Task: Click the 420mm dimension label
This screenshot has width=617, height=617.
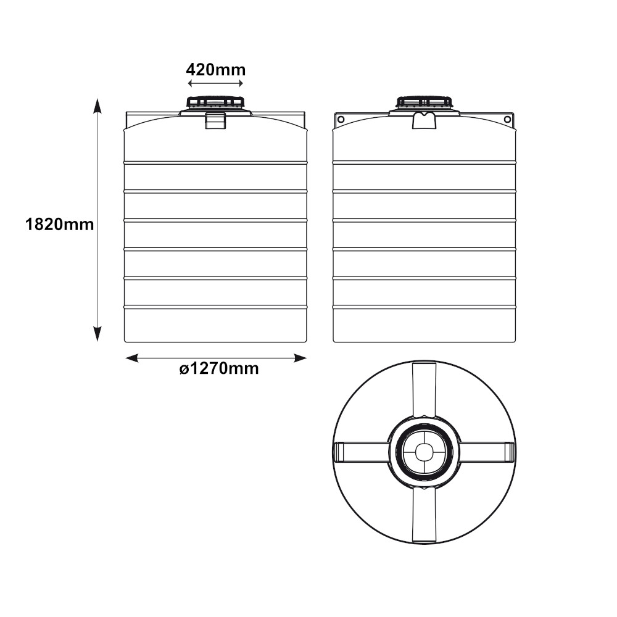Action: [215, 70]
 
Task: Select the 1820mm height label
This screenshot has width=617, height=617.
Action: [59, 225]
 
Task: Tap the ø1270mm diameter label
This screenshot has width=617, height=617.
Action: [219, 369]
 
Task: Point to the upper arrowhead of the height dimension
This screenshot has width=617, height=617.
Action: [97, 106]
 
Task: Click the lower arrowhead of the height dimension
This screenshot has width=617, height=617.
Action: [97, 334]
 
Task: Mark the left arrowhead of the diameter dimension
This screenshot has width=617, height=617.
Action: [132, 358]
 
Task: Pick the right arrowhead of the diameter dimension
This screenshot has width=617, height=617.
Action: [300, 358]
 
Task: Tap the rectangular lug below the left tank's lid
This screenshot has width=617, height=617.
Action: [215, 120]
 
